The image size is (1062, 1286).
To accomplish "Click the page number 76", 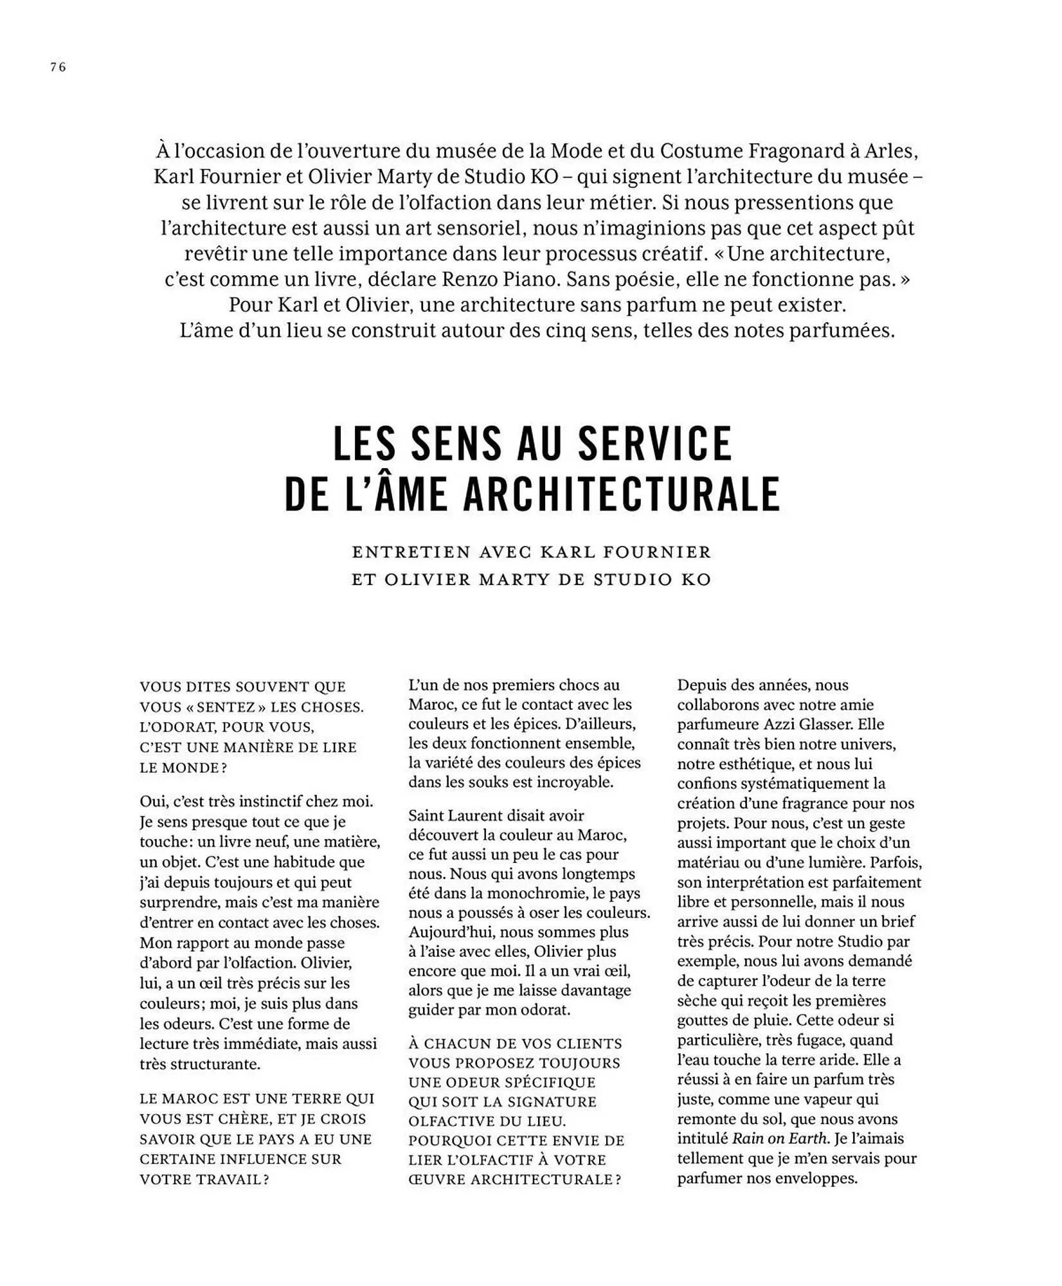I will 58,67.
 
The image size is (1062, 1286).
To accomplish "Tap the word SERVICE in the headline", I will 655,443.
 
